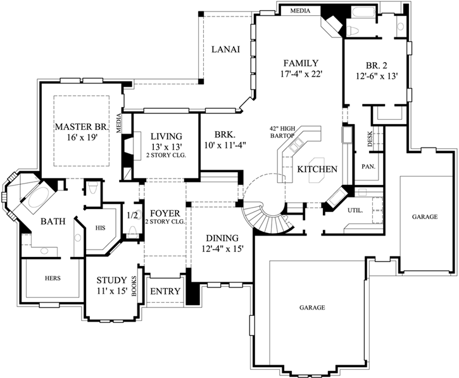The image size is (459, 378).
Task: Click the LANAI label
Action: tap(225, 50)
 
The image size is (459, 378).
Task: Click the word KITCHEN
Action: tap(317, 169)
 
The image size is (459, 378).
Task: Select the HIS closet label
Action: tap(99, 227)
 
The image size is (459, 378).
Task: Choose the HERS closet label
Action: tap(53, 277)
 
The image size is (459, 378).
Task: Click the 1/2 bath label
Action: tap(132, 215)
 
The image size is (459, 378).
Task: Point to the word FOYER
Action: tap(164, 212)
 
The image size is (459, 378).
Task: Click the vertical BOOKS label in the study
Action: tap(134, 287)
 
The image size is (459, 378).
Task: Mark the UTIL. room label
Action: tap(355, 210)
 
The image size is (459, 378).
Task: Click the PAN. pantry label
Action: tap(368, 167)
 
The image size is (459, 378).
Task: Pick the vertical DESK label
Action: tap(370, 139)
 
